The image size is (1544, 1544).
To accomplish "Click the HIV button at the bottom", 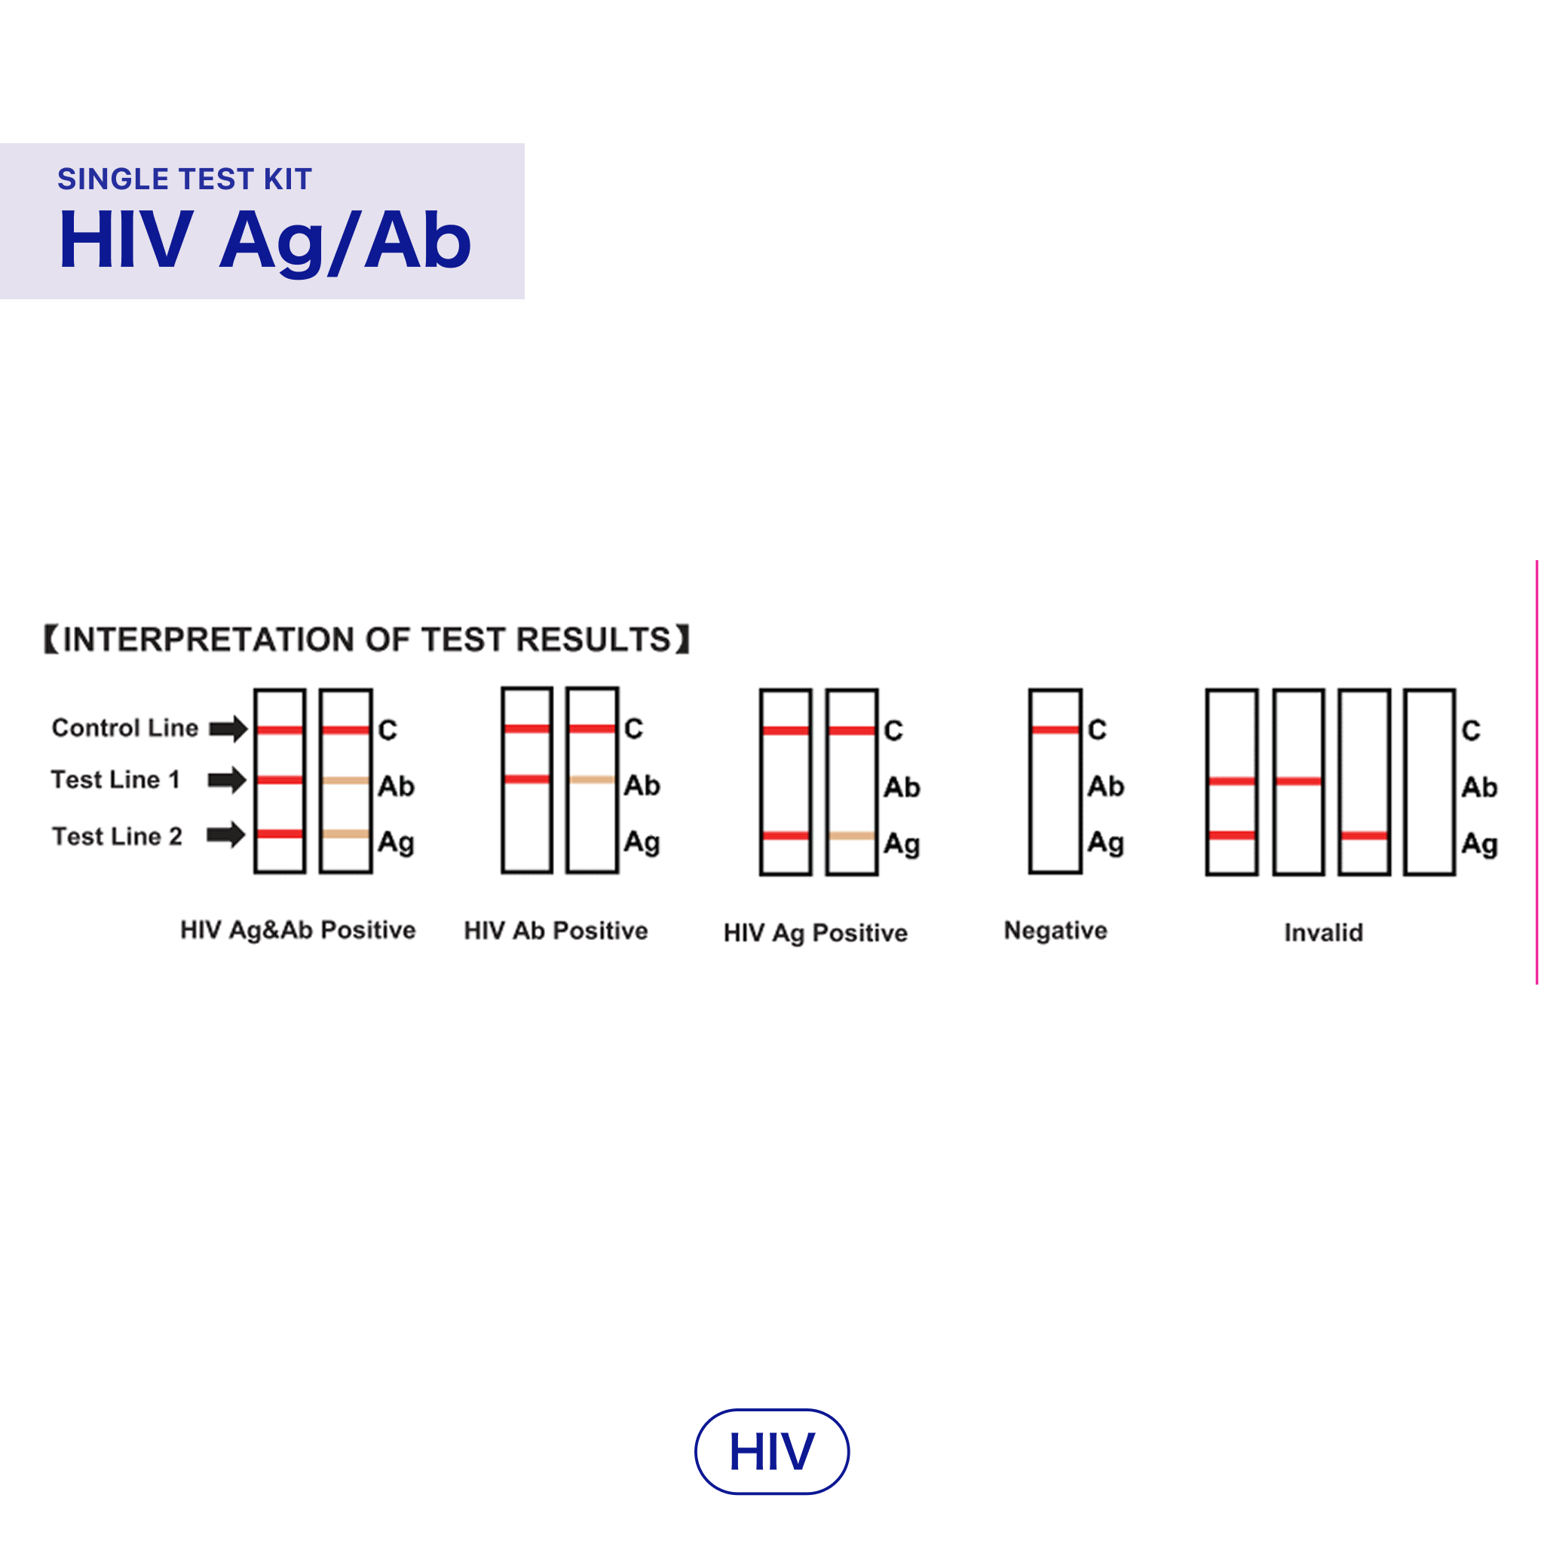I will (x=771, y=1451).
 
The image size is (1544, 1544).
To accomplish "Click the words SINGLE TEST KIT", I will (x=185, y=179).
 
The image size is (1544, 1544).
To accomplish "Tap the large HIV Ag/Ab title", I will (x=265, y=240).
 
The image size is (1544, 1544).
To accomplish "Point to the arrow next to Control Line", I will (x=228, y=728).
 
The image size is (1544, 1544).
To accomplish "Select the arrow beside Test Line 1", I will (x=227, y=780).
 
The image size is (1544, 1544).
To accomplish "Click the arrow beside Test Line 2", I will (x=226, y=835).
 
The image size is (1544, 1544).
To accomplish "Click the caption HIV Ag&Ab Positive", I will (x=297, y=930).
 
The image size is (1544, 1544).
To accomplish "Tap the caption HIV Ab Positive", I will (x=556, y=931).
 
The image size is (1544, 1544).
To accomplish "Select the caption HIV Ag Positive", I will (x=815, y=933).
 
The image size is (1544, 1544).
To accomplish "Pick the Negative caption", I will (x=1055, y=930).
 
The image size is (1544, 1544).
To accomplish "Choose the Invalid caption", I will (x=1323, y=933).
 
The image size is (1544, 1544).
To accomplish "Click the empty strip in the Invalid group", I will (x=1429, y=782).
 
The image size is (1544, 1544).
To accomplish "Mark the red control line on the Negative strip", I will (x=1055, y=729).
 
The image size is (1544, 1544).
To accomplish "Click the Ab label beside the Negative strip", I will (x=1105, y=786).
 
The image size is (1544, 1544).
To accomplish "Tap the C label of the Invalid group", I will (x=1470, y=731).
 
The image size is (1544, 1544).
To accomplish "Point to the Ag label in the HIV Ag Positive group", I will (x=902, y=844).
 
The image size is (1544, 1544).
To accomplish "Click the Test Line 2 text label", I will (x=117, y=836).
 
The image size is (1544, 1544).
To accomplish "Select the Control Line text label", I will (x=124, y=728).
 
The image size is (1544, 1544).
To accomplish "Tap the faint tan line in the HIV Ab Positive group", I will (x=591, y=780).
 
